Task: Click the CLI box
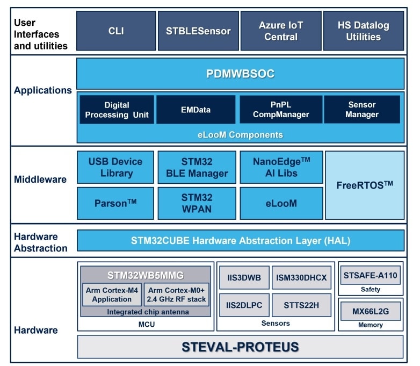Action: coord(116,31)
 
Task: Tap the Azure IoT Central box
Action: coord(281,31)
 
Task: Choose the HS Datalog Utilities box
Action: coord(363,31)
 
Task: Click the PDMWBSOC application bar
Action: coord(240,74)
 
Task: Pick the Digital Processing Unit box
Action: coord(117,110)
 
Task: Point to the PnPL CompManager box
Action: coord(281,110)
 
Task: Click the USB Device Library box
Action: coord(116,167)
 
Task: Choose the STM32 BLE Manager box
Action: coord(197,167)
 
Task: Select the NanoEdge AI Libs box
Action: coord(281,167)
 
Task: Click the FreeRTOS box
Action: coord(365,185)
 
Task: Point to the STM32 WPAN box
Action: coord(197,203)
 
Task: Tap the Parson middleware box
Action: coord(116,203)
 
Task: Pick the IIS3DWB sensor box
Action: coord(244,278)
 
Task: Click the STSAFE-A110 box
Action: coord(370,276)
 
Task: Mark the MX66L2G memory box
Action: coord(370,312)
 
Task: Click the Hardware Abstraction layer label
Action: coord(41,242)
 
